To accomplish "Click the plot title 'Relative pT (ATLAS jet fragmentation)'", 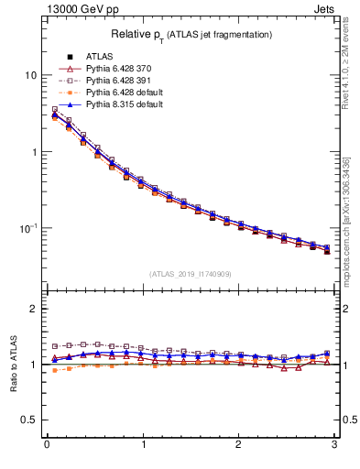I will point(191,34).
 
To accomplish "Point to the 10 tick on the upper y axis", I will point(30,75).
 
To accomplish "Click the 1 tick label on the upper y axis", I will point(34,152).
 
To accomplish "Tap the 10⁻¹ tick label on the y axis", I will point(27,228).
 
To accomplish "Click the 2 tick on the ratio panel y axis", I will point(34,309).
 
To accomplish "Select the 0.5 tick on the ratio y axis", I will point(30,420).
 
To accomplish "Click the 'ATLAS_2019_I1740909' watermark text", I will point(191,274).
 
